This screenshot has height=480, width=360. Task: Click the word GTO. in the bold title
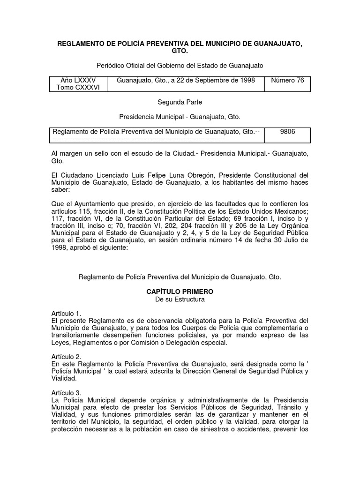pyautogui.click(x=180, y=52)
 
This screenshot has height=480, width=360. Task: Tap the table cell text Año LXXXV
pyautogui.click(x=78, y=80)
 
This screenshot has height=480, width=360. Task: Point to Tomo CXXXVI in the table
pyautogui.click(x=78, y=88)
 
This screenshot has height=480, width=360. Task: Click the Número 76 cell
pyautogui.click(x=288, y=80)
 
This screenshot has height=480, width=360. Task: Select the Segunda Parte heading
pyautogui.click(x=180, y=102)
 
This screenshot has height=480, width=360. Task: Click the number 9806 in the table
pyautogui.click(x=288, y=132)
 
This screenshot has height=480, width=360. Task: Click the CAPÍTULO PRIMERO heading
pyautogui.click(x=180, y=292)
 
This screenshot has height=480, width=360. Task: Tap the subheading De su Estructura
pyautogui.click(x=180, y=299)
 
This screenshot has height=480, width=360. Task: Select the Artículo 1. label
pyautogui.click(x=66, y=313)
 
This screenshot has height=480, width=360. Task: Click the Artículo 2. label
pyautogui.click(x=66, y=357)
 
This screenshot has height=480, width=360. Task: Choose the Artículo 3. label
pyautogui.click(x=66, y=392)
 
